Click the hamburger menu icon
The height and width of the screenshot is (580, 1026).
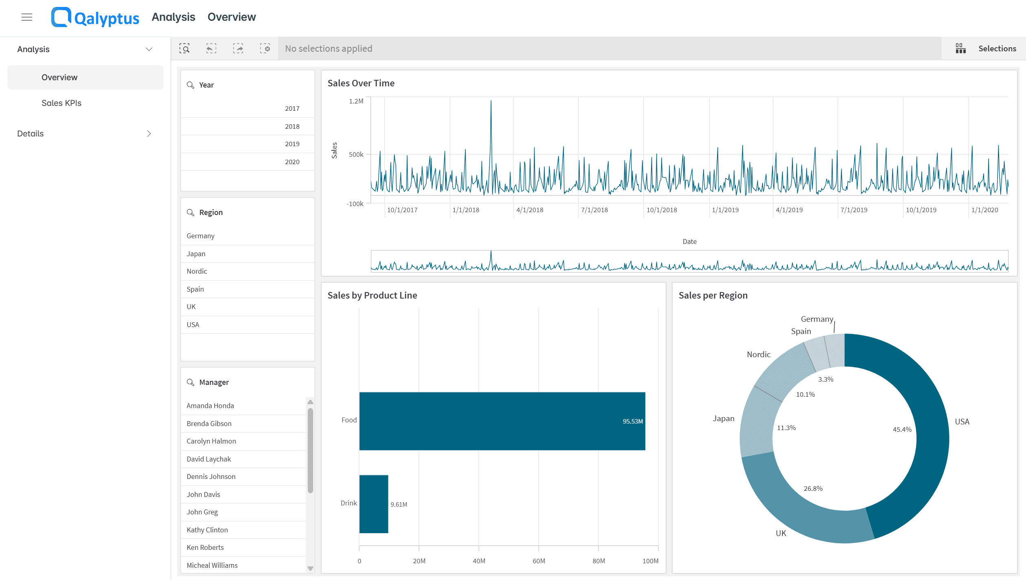coord(27,17)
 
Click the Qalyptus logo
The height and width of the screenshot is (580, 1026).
coord(95,17)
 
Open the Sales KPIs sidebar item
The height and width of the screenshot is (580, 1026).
coord(61,103)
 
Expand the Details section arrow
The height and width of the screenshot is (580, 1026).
coord(149,134)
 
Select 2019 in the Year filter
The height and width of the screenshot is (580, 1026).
coord(292,144)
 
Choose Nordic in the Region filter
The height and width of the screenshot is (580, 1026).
coord(197,271)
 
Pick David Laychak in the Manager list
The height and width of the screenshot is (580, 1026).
coord(208,459)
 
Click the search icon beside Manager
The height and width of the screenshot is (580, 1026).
coord(190,382)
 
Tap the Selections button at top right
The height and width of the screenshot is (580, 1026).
coord(986,48)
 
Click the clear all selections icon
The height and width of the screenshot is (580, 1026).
coord(265,48)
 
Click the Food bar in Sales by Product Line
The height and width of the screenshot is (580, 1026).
coord(502,421)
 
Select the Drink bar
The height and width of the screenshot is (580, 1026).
coord(374,504)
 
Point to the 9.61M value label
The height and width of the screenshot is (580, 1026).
coord(399,504)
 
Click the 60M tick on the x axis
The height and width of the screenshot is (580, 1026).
coord(539,561)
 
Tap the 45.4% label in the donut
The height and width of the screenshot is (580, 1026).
coord(902,429)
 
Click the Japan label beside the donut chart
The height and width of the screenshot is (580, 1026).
coord(723,418)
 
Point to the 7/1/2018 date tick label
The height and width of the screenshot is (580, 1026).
coord(594,210)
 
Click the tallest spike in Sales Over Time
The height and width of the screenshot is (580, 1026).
coord(491,101)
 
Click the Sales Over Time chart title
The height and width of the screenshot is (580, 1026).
coord(361,83)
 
